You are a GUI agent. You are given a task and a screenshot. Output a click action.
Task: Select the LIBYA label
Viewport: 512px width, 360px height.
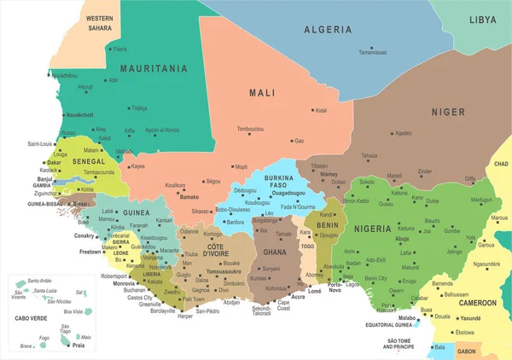482,19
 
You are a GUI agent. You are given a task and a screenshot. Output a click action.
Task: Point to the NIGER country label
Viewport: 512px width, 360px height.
447,112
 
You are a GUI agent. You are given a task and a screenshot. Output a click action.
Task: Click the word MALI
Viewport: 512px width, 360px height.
261,92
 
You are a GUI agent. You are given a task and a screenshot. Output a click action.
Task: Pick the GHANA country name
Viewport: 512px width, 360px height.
274,253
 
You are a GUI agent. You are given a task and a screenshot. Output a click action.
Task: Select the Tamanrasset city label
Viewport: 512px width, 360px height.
374,52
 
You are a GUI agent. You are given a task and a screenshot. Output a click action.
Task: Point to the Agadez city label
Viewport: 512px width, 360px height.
404,132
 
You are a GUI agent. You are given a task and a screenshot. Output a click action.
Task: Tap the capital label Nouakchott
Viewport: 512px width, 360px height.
79,113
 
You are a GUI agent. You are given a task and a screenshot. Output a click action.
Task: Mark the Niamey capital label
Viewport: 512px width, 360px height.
329,173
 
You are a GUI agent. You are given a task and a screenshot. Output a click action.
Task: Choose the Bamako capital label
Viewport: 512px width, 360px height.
189,197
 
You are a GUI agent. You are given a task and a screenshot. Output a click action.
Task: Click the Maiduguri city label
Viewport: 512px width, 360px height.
482,199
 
